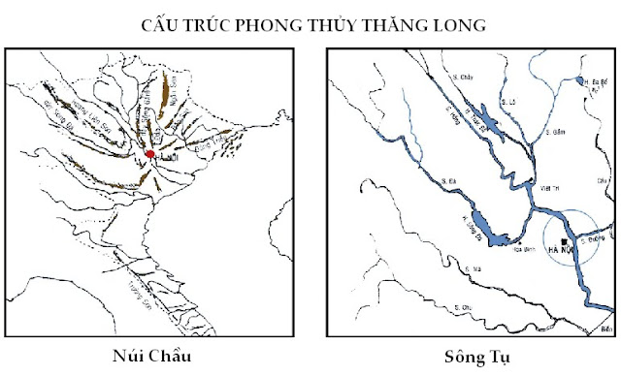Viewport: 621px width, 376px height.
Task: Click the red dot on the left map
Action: point(150,154)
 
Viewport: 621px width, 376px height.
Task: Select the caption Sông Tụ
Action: point(473,355)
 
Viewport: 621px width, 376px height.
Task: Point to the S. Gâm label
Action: point(555,130)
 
